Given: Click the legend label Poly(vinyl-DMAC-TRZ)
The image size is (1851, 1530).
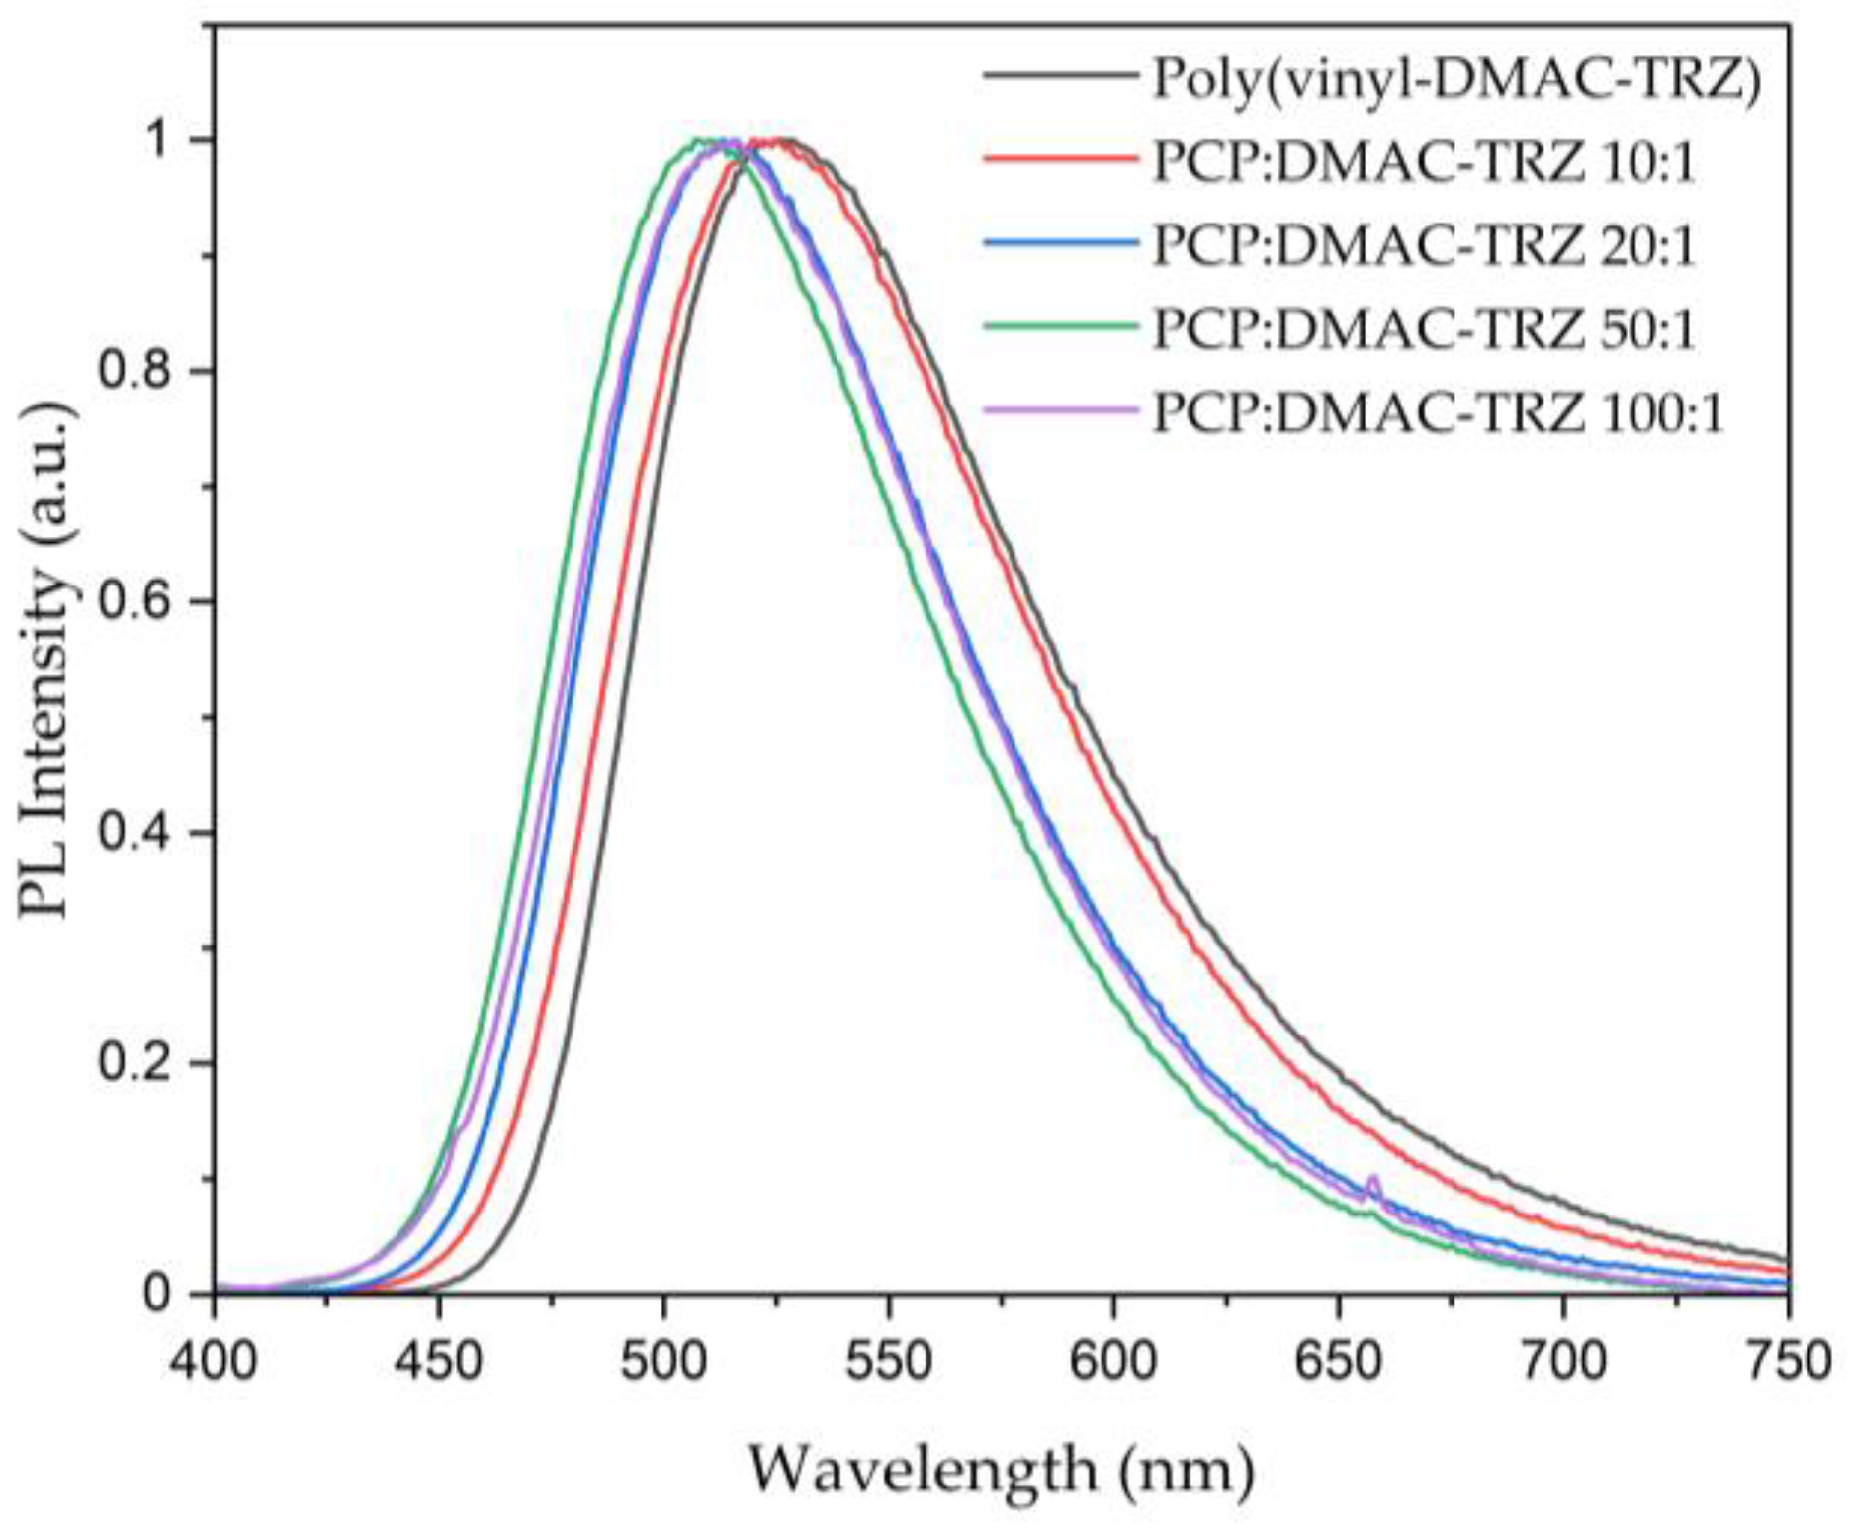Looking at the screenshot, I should (x=1456, y=80).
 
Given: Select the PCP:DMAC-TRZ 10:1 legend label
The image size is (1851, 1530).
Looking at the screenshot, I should (x=1424, y=161).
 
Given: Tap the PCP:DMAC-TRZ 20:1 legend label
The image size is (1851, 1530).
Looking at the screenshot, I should (x=1424, y=244).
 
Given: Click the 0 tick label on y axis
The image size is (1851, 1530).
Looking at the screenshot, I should (x=158, y=1294).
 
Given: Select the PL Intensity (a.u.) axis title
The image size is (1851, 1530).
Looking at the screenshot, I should (x=47, y=661).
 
